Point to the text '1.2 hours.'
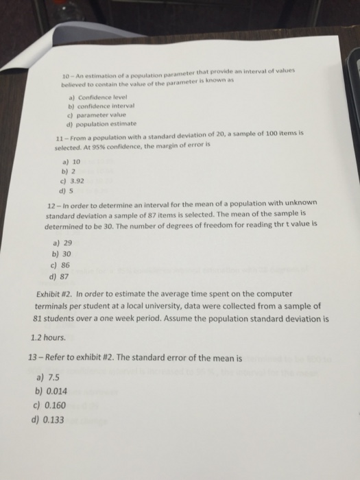(x=49, y=338)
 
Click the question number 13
(x=36, y=358)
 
